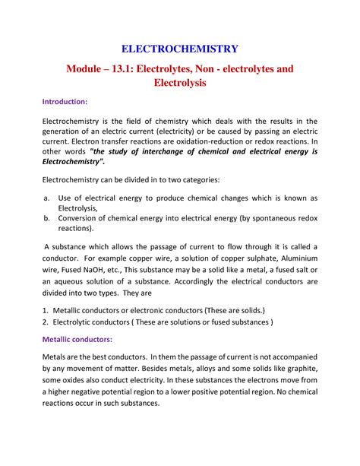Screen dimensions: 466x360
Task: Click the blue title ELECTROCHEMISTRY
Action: point(179,49)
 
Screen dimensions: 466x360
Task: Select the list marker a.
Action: point(45,198)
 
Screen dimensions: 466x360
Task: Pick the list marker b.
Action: point(45,217)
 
